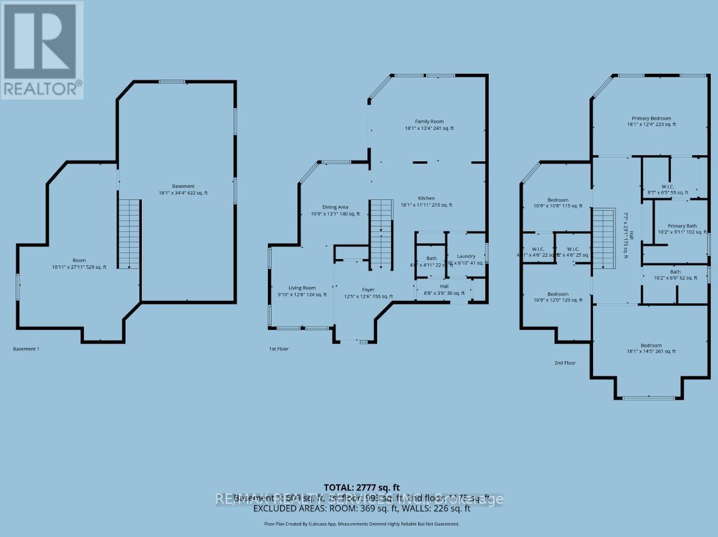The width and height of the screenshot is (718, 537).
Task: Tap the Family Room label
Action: [x=428, y=125]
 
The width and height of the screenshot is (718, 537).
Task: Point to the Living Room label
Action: [x=301, y=291]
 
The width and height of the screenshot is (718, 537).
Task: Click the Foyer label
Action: [x=368, y=293]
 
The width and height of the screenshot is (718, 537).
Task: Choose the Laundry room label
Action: [x=466, y=260]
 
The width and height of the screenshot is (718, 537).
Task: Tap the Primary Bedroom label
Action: [x=651, y=121]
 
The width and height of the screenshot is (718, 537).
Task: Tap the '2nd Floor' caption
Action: [x=565, y=363]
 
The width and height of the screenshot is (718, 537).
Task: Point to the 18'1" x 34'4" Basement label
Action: [x=183, y=189]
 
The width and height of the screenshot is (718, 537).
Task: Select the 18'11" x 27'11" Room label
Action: [x=78, y=263]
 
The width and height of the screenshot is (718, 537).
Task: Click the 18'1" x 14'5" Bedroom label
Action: [x=651, y=349]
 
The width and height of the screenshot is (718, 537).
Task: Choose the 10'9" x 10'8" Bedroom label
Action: [x=558, y=203]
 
